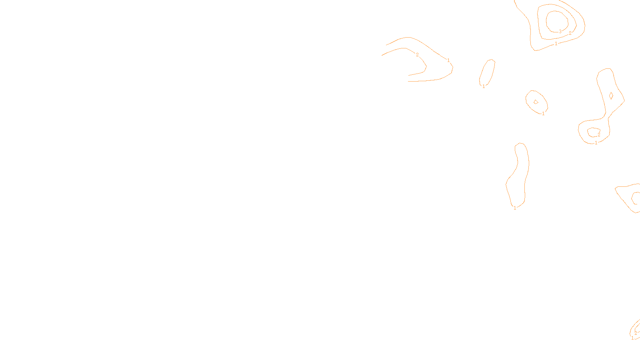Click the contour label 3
560,31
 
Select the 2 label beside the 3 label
570,33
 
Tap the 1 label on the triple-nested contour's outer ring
556,44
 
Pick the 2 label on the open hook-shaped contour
417,55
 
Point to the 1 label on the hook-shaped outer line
448,60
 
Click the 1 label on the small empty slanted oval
484,86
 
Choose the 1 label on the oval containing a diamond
543,114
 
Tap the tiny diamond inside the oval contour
536,102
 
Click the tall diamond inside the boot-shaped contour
611,96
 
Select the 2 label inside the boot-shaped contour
599,135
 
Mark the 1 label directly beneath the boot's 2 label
596,143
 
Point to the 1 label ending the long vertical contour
515,208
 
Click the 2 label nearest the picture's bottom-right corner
636,333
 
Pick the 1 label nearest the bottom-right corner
632,338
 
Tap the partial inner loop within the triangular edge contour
636,198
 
